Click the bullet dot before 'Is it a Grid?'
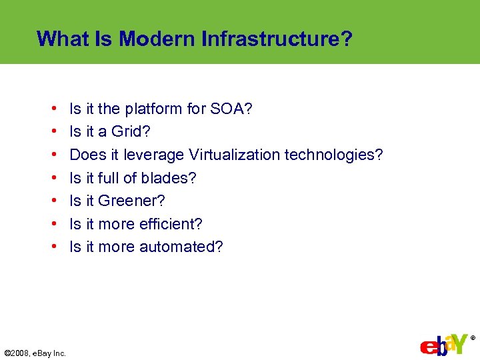pyautogui.click(x=52, y=132)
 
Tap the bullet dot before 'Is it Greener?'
pyautogui.click(x=52, y=201)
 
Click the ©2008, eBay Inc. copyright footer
pyautogui.click(x=35, y=353)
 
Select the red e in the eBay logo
pyautogui.click(x=427, y=347)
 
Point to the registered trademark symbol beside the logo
pyautogui.click(x=473, y=338)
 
